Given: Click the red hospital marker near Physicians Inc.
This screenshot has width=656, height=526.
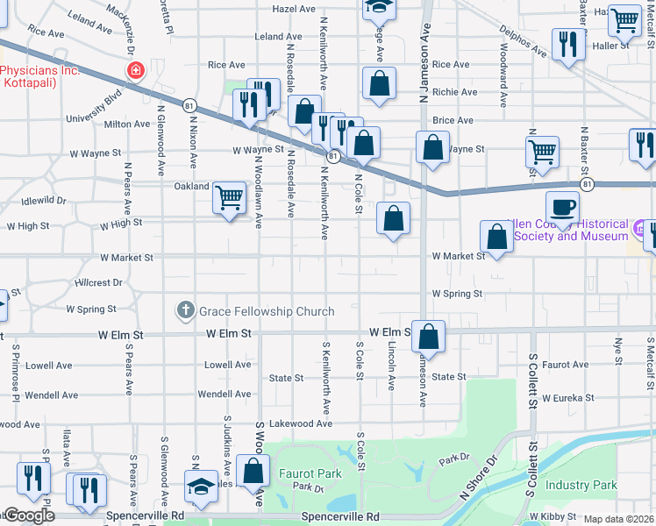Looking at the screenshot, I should tap(135, 70).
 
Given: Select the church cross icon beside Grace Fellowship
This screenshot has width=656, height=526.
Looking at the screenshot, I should tap(184, 310).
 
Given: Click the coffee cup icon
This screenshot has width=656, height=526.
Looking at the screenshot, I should tap(562, 208).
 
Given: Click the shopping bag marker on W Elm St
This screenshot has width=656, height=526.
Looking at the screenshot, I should tap(428, 336).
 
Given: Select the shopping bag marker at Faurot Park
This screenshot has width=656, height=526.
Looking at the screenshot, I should tap(253, 471).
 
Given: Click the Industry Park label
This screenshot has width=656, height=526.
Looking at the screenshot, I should tap(581, 485).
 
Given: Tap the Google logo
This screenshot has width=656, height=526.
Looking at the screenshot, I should tap(28, 515).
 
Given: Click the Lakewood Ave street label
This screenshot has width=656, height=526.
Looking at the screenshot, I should tap(301, 423).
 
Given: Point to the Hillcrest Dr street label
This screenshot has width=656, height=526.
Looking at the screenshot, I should tap(99, 283).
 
